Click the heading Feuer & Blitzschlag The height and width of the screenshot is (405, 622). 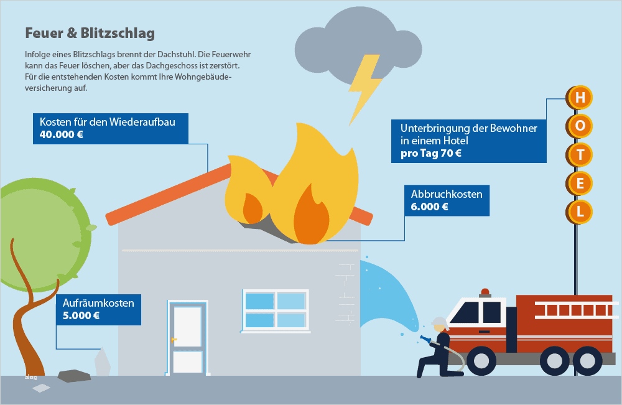(90, 33)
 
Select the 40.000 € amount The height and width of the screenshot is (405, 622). (61, 134)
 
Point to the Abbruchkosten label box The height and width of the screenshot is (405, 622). (446, 200)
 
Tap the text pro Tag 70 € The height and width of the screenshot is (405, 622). (431, 154)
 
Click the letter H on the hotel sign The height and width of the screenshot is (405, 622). (580, 98)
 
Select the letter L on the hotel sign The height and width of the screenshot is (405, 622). (580, 211)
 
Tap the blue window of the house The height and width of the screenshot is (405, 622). (275, 310)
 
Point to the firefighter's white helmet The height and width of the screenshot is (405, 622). (439, 322)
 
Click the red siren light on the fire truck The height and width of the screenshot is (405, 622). (485, 292)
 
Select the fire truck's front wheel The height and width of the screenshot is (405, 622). (481, 360)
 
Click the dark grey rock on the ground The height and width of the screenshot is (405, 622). (73, 375)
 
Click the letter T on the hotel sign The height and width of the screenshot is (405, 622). (580, 154)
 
